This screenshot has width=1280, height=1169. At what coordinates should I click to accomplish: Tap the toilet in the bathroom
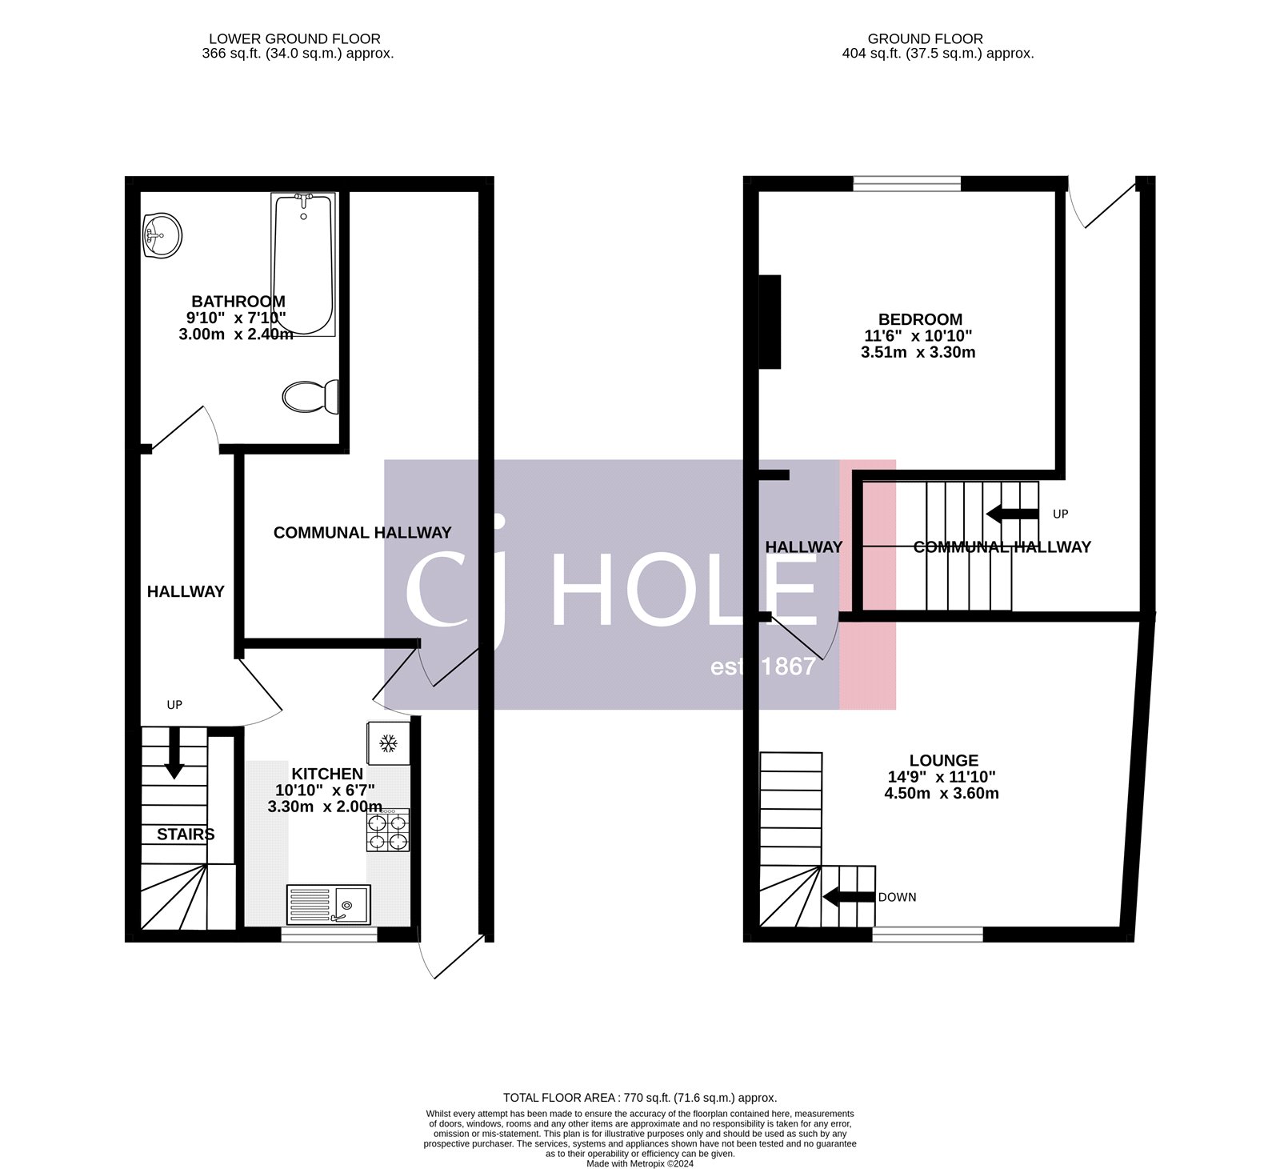[x=310, y=396]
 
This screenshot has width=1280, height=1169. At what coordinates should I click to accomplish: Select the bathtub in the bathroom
[x=302, y=264]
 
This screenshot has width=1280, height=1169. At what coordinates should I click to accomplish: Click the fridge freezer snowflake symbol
[x=388, y=743]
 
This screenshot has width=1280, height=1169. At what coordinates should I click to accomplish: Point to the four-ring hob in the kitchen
[x=387, y=831]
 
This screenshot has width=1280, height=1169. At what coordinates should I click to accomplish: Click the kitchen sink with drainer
[x=328, y=904]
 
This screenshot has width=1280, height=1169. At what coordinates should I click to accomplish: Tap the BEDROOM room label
[x=920, y=319]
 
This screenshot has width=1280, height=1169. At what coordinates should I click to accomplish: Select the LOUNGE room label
[x=943, y=760]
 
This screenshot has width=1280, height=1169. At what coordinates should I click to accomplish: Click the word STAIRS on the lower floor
[x=186, y=835]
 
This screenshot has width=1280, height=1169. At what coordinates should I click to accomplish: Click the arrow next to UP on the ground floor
[x=1012, y=514]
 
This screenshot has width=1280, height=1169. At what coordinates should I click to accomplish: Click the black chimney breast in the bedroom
[x=770, y=321]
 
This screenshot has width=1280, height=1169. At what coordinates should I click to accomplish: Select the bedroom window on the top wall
[x=906, y=184]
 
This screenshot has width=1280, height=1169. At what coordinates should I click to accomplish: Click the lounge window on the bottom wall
[x=927, y=934]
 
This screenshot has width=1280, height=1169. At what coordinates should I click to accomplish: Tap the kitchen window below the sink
[x=329, y=934]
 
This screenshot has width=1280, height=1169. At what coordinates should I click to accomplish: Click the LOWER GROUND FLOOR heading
[x=294, y=38]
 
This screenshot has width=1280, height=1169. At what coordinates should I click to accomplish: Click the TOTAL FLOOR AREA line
[x=639, y=1098]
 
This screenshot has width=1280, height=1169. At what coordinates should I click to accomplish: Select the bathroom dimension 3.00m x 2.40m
[x=235, y=334]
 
